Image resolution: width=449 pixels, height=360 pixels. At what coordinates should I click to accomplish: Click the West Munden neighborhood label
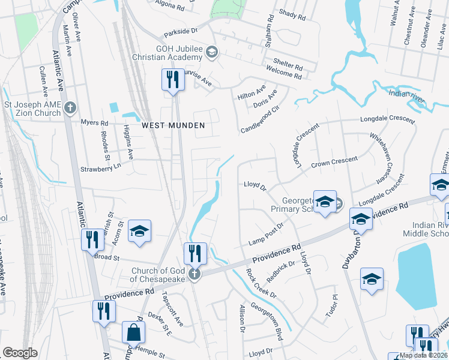(x=173, y=125)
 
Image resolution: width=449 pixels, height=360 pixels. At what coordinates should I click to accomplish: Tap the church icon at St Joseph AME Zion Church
(x=70, y=108)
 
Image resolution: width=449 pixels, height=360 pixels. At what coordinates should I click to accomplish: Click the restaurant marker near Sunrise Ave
(x=173, y=79)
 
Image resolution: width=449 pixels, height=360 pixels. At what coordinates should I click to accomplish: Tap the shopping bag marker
(x=133, y=332)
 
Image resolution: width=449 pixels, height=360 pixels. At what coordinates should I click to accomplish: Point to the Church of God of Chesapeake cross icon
(x=194, y=275)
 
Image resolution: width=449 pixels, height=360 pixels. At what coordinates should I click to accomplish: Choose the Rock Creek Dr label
(x=261, y=283)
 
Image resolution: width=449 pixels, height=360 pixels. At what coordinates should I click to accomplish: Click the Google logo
(x=20, y=353)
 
